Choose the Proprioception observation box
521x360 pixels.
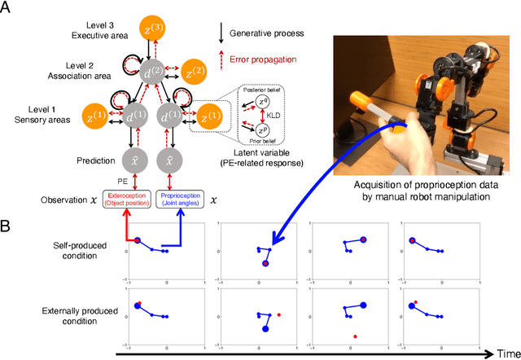coord(181,200)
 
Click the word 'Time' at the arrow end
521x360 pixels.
coord(504,353)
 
